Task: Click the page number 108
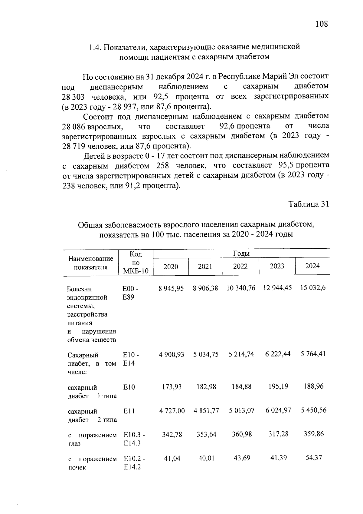[x=321, y=24]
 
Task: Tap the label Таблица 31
[x=308, y=204]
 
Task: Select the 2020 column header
[x=171, y=267]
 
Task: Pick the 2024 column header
[x=312, y=266]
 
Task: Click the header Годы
[x=241, y=254]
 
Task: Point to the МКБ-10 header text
[x=136, y=271]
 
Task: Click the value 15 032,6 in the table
[x=313, y=288]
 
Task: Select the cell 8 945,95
[x=171, y=288]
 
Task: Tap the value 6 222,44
[x=278, y=354]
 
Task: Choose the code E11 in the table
[x=129, y=411]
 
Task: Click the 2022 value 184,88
[x=241, y=387]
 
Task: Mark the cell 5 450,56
[x=313, y=410]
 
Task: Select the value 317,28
[x=278, y=434]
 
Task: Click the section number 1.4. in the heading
[x=95, y=48]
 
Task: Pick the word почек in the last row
[x=77, y=467]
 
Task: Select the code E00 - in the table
[x=130, y=289]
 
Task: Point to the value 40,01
[x=206, y=458]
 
